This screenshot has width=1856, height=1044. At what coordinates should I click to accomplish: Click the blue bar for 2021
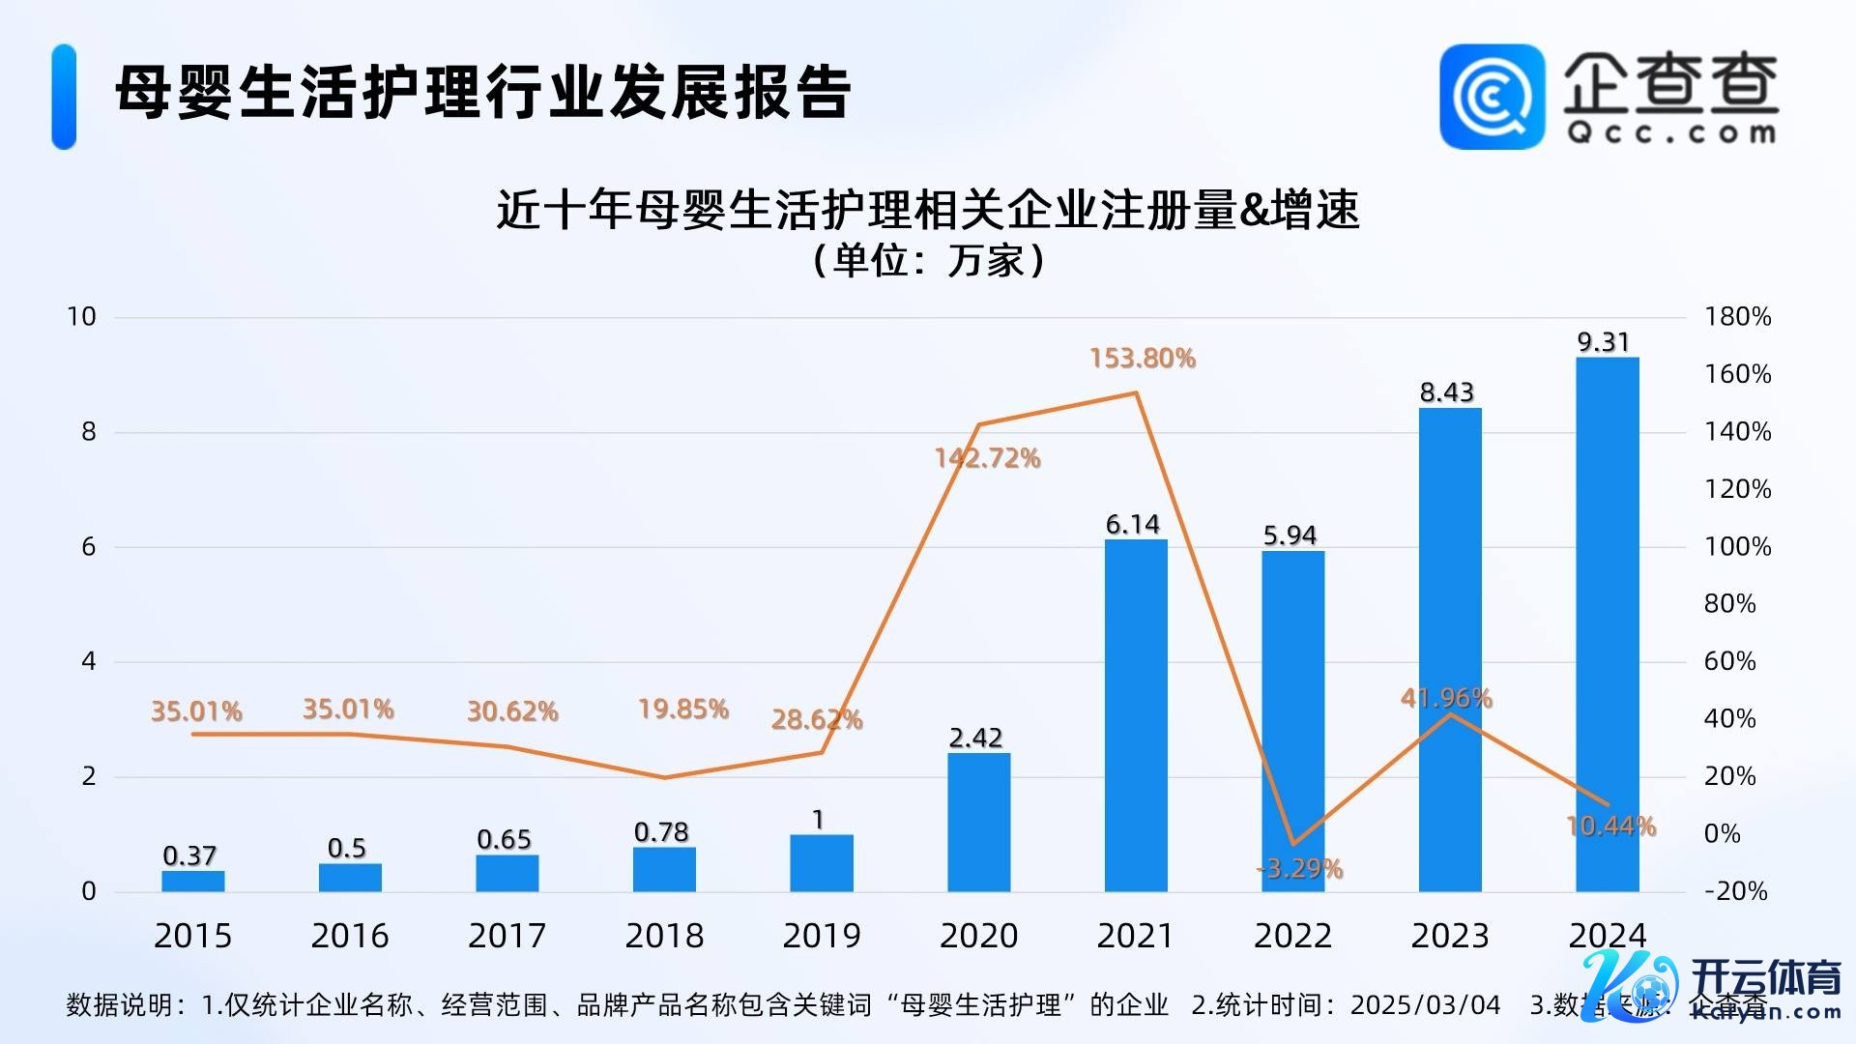1136,715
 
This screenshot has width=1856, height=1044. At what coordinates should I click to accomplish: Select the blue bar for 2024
1607,624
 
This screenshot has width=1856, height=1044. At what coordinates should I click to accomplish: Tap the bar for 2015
192,881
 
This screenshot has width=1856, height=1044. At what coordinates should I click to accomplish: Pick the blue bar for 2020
978,822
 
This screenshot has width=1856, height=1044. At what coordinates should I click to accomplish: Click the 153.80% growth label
1143,359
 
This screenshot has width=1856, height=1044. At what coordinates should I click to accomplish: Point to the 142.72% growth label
987,458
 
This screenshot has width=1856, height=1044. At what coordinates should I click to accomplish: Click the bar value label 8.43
1446,392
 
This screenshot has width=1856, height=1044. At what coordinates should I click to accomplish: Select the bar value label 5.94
1290,536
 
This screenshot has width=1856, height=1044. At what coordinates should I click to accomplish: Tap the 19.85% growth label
682,710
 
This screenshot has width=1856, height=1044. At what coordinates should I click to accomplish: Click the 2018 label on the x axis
664,936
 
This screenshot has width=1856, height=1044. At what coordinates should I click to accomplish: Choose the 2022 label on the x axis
1292,936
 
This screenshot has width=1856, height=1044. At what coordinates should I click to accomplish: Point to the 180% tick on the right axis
1737,317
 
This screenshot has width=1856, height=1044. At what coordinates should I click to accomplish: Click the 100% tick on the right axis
1737,547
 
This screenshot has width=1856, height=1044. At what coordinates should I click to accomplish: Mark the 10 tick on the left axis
81,317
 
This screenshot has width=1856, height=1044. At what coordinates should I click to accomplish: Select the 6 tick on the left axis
89,547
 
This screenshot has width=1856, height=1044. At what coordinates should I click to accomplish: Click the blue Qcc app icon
1492,97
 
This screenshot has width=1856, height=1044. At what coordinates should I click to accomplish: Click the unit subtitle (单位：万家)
928,260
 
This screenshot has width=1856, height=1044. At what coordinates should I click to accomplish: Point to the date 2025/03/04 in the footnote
1425,1005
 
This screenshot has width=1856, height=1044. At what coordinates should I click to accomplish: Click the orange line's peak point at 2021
1136,392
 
